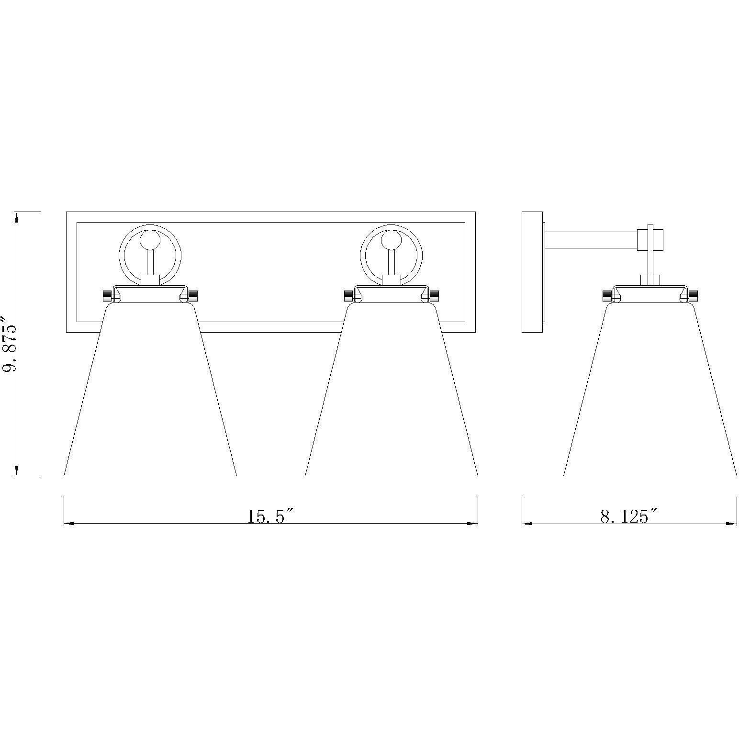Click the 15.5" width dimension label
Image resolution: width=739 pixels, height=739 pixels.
pyautogui.click(x=270, y=516)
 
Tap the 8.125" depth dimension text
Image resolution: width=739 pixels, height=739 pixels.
pyautogui.click(x=628, y=516)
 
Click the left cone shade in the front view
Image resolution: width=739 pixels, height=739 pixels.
pyautogui.click(x=150, y=392)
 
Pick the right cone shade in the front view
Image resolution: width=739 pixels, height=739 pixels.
pyautogui.click(x=391, y=392)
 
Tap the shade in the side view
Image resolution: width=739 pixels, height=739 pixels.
pyautogui.click(x=649, y=392)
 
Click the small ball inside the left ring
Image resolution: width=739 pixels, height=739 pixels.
pyautogui.click(x=150, y=240)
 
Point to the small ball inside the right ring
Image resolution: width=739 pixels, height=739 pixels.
pyautogui.click(x=391, y=240)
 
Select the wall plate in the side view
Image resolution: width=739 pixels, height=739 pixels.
pyautogui.click(x=532, y=272)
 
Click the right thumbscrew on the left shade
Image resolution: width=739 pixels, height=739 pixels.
pyautogui.click(x=193, y=296)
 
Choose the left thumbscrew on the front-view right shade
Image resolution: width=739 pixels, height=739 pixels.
pyautogui.click(x=348, y=296)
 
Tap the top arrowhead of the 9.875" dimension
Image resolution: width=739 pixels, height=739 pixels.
pyautogui.click(x=17, y=217)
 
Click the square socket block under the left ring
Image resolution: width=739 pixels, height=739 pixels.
pyautogui.click(x=150, y=280)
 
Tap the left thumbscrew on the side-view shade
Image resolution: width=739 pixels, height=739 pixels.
pyautogui.click(x=607, y=296)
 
